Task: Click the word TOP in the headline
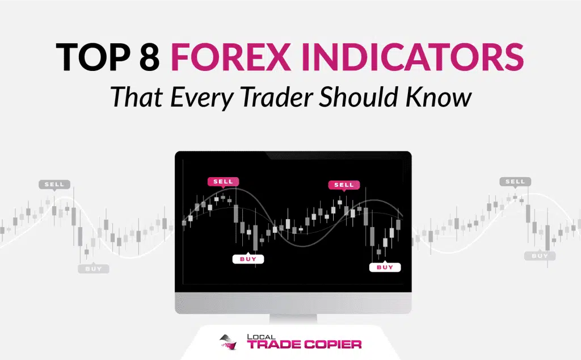(93, 57)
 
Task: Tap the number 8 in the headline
(150, 57)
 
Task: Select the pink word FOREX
(231, 57)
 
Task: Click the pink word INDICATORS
(412, 57)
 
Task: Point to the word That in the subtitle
(137, 97)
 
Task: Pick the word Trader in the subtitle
(277, 97)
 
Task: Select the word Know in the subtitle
(439, 97)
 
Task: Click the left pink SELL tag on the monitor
(223, 182)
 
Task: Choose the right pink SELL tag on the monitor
(344, 185)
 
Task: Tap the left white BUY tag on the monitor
(248, 259)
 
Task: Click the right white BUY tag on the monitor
(385, 267)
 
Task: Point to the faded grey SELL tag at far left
(54, 185)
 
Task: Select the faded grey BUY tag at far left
(94, 269)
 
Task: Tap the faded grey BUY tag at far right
(540, 256)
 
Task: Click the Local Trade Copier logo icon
(228, 342)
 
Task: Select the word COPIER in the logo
(332, 345)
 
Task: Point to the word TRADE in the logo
(274, 345)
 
